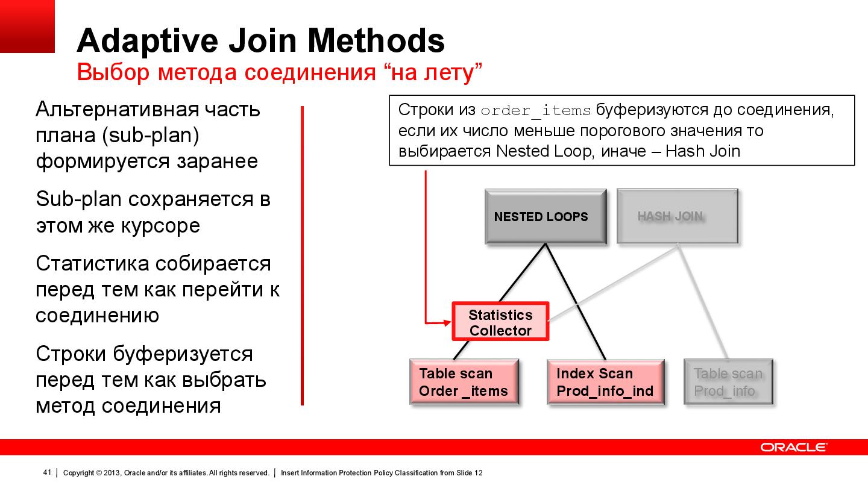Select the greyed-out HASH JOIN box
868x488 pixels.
coord(677,216)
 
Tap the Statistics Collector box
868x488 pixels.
coord(500,322)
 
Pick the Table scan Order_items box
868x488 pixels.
coord(464,382)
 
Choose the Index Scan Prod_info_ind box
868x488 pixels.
coord(605,382)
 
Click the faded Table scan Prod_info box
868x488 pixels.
coord(728,382)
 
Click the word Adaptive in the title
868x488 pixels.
coord(148,41)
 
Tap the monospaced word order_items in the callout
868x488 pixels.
coord(535,111)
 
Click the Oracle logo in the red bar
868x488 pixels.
coord(793,447)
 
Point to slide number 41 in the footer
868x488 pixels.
coord(46,473)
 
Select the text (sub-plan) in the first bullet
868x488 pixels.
coord(150,136)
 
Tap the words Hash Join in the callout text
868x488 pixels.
coord(703,151)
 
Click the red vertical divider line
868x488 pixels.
coord(302,256)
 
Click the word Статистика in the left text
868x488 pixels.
coord(92,264)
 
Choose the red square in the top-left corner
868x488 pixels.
coord(27,26)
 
